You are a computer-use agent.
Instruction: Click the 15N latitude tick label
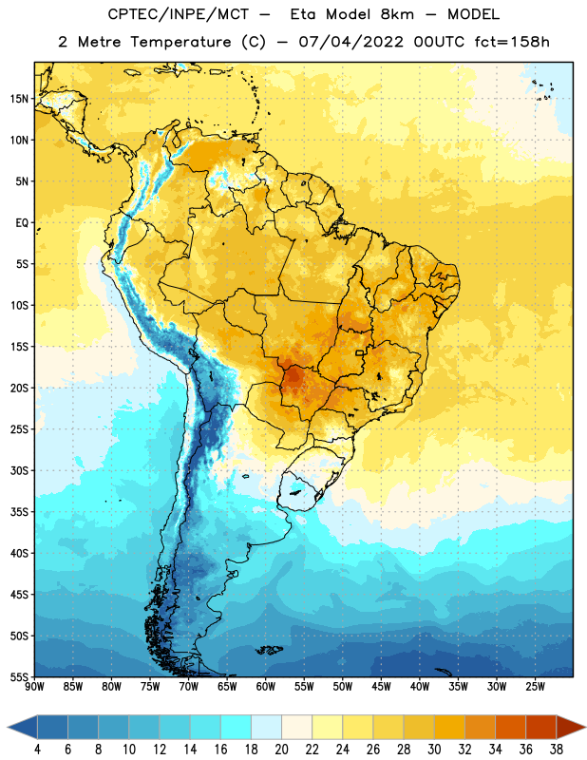[x=19, y=99]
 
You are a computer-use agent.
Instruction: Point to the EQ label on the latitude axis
[x=22, y=223]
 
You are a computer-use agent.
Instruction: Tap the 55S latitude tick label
[x=19, y=676]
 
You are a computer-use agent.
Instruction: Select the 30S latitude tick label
[x=19, y=470]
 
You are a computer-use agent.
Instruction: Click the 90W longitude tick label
[x=34, y=687]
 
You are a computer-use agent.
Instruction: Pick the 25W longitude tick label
[x=535, y=687]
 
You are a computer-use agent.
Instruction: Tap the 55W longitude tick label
[x=304, y=687]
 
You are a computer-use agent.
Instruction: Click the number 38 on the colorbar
[x=557, y=750]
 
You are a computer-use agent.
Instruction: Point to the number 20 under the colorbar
[x=281, y=750]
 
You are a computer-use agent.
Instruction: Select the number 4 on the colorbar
[x=37, y=750]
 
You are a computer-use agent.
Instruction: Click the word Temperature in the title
[x=180, y=42]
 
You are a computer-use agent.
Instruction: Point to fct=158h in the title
[x=512, y=42]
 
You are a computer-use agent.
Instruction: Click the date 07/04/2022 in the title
[x=350, y=42]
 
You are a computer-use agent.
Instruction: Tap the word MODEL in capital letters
[x=473, y=14]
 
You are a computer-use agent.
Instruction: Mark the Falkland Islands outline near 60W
[x=269, y=650]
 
